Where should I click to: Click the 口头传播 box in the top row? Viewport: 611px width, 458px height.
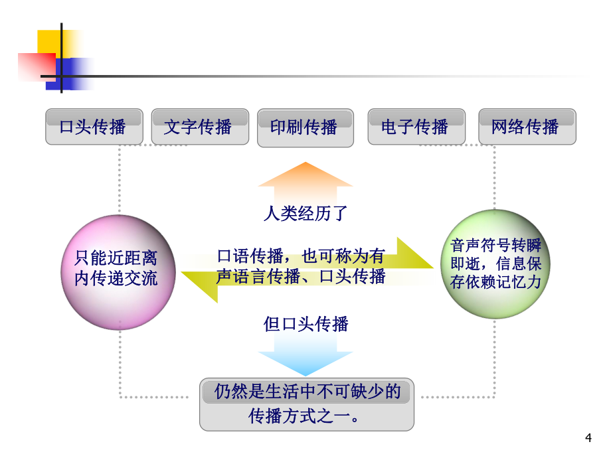point(94,127)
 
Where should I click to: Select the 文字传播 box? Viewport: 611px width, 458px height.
point(200,127)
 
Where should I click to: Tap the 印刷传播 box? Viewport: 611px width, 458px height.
point(305,127)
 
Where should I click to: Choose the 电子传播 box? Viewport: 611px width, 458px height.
point(416,127)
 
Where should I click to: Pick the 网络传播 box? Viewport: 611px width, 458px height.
point(527,127)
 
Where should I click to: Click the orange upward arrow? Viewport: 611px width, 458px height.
point(305,183)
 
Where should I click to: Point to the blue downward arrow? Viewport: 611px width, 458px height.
point(305,354)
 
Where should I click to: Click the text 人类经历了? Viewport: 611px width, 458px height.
point(305,214)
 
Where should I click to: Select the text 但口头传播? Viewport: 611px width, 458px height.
point(305,324)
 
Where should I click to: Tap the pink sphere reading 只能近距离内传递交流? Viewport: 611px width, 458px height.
point(118,273)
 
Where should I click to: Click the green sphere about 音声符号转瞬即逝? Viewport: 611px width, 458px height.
point(495,264)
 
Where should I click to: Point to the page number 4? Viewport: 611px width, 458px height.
point(588,437)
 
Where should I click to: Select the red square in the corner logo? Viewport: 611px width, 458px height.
point(37,67)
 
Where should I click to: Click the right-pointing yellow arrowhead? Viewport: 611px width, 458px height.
point(414,253)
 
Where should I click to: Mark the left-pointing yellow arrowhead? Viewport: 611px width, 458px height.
point(199,287)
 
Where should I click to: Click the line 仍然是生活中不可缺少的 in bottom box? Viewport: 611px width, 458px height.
point(307,392)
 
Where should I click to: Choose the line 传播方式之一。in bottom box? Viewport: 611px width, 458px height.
point(304,416)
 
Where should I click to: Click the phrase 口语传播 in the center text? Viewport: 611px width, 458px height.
point(250,256)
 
